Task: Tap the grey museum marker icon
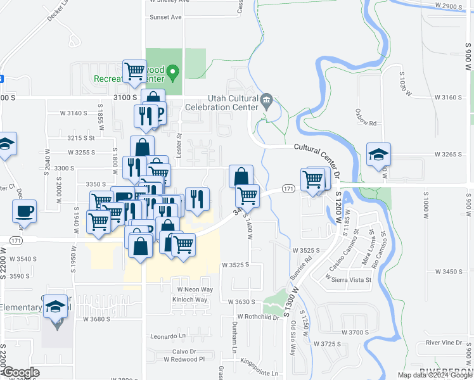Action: point(267,100)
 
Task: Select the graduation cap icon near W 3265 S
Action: point(378,155)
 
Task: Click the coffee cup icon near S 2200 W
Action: point(25,210)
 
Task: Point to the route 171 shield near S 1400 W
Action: point(288,189)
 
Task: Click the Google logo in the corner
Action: point(21,372)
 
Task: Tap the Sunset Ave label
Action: point(165,17)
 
